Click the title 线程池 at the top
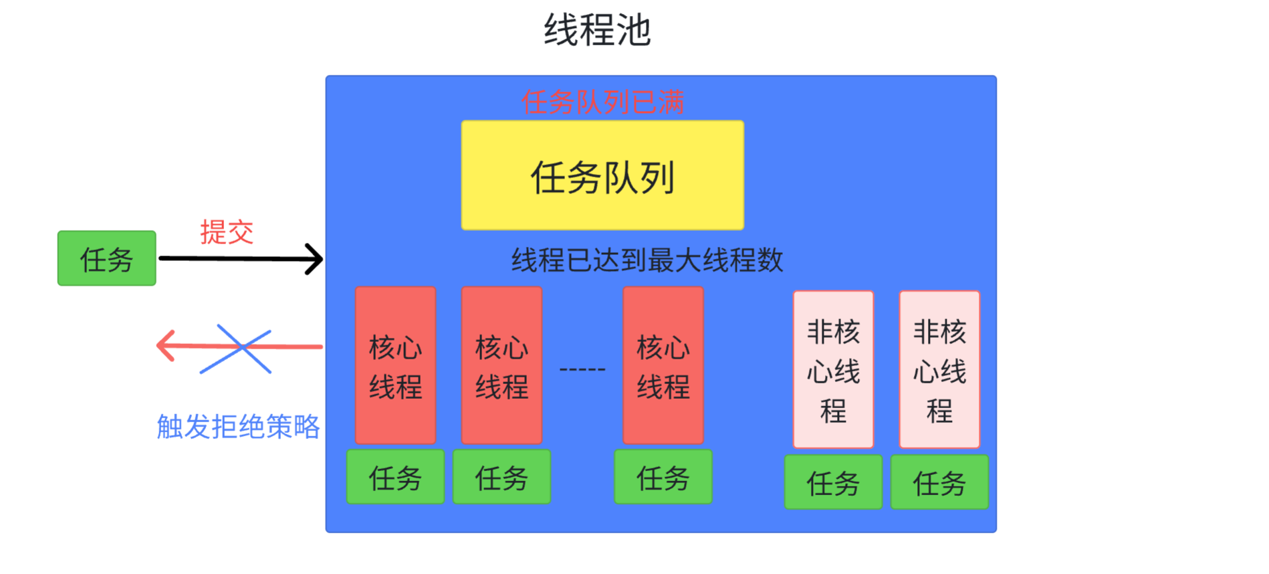pos(597,30)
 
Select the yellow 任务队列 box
pos(602,175)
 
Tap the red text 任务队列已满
pos(602,102)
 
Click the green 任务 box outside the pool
pos(107,259)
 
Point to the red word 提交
pos(227,232)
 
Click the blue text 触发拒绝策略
pos(238,426)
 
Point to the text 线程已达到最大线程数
pos(647,260)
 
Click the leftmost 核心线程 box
pos(395,365)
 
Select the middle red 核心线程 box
pos(501,365)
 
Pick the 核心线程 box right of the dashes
pos(663,365)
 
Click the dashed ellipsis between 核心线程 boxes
pos(582,369)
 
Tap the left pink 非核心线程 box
pos(833,369)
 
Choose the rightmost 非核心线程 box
pos(939,369)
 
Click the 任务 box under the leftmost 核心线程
pos(395,477)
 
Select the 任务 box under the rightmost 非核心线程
pos(939,482)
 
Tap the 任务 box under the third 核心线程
pos(663,477)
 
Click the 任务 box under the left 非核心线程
pos(833,482)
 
